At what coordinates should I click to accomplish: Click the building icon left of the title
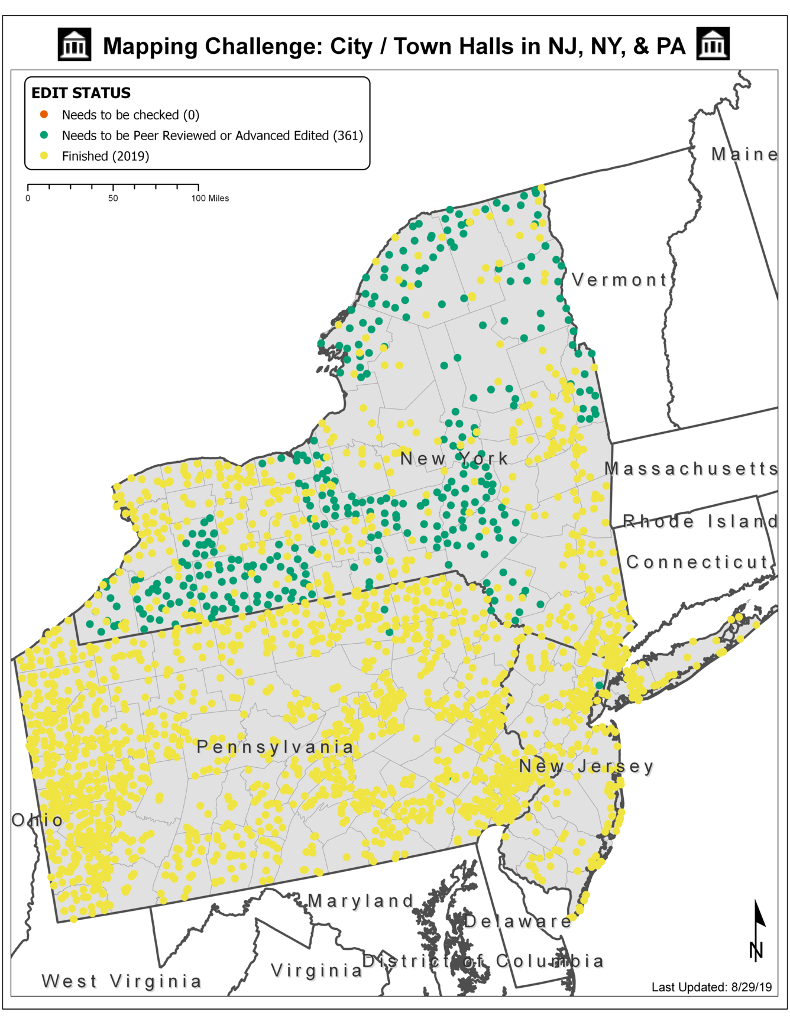(x=75, y=45)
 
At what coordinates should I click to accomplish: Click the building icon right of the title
(x=713, y=44)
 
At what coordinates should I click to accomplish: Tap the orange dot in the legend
(x=44, y=114)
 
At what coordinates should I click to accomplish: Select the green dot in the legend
(x=44, y=135)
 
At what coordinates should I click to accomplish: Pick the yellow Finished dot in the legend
(x=44, y=156)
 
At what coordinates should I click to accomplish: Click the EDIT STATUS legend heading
(x=80, y=93)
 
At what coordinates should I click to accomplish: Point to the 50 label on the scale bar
(x=113, y=199)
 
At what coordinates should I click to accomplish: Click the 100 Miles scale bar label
(x=210, y=199)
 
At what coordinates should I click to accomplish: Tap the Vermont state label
(x=619, y=280)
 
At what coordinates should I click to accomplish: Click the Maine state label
(x=744, y=154)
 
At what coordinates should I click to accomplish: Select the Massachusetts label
(x=691, y=469)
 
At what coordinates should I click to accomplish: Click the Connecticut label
(x=697, y=562)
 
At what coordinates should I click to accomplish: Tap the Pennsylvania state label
(x=275, y=747)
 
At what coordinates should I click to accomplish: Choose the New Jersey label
(x=586, y=767)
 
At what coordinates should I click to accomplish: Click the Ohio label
(x=37, y=820)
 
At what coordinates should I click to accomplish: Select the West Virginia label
(x=122, y=981)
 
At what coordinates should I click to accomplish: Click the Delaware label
(x=517, y=921)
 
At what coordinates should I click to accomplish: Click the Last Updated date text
(x=711, y=987)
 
